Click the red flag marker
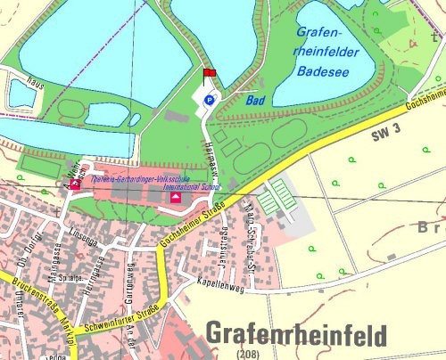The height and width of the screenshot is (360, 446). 210,74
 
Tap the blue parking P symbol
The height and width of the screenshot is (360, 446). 211,101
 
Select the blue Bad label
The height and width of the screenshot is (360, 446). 256,101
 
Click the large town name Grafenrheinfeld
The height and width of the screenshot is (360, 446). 297,334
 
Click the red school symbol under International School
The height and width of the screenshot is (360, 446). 176,199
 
